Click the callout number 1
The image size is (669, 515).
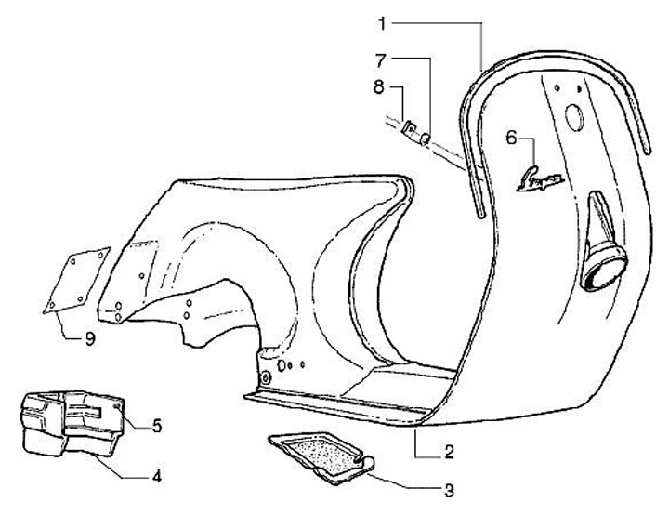380,20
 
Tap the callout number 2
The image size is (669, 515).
449,453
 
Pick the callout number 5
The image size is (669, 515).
157,426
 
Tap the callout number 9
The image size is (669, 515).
89,340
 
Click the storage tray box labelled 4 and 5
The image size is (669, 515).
70,423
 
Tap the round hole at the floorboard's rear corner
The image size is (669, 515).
268,377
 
